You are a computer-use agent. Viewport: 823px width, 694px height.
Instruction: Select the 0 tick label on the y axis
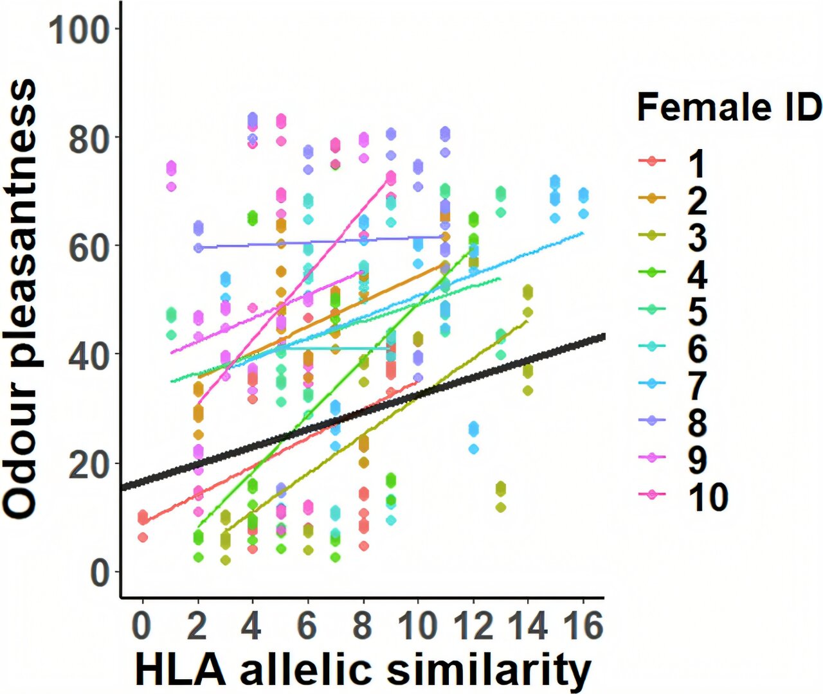[x=100, y=572]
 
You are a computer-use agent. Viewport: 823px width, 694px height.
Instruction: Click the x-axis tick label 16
[x=582, y=625]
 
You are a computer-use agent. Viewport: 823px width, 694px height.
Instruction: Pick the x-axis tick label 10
[x=417, y=625]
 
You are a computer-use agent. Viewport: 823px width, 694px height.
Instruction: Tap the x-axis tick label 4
[x=252, y=625]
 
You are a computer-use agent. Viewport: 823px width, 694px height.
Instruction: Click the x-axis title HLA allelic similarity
[x=363, y=670]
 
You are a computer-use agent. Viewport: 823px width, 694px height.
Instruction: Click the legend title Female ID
[x=729, y=107]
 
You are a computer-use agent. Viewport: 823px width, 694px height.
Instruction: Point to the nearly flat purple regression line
[x=321, y=242]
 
